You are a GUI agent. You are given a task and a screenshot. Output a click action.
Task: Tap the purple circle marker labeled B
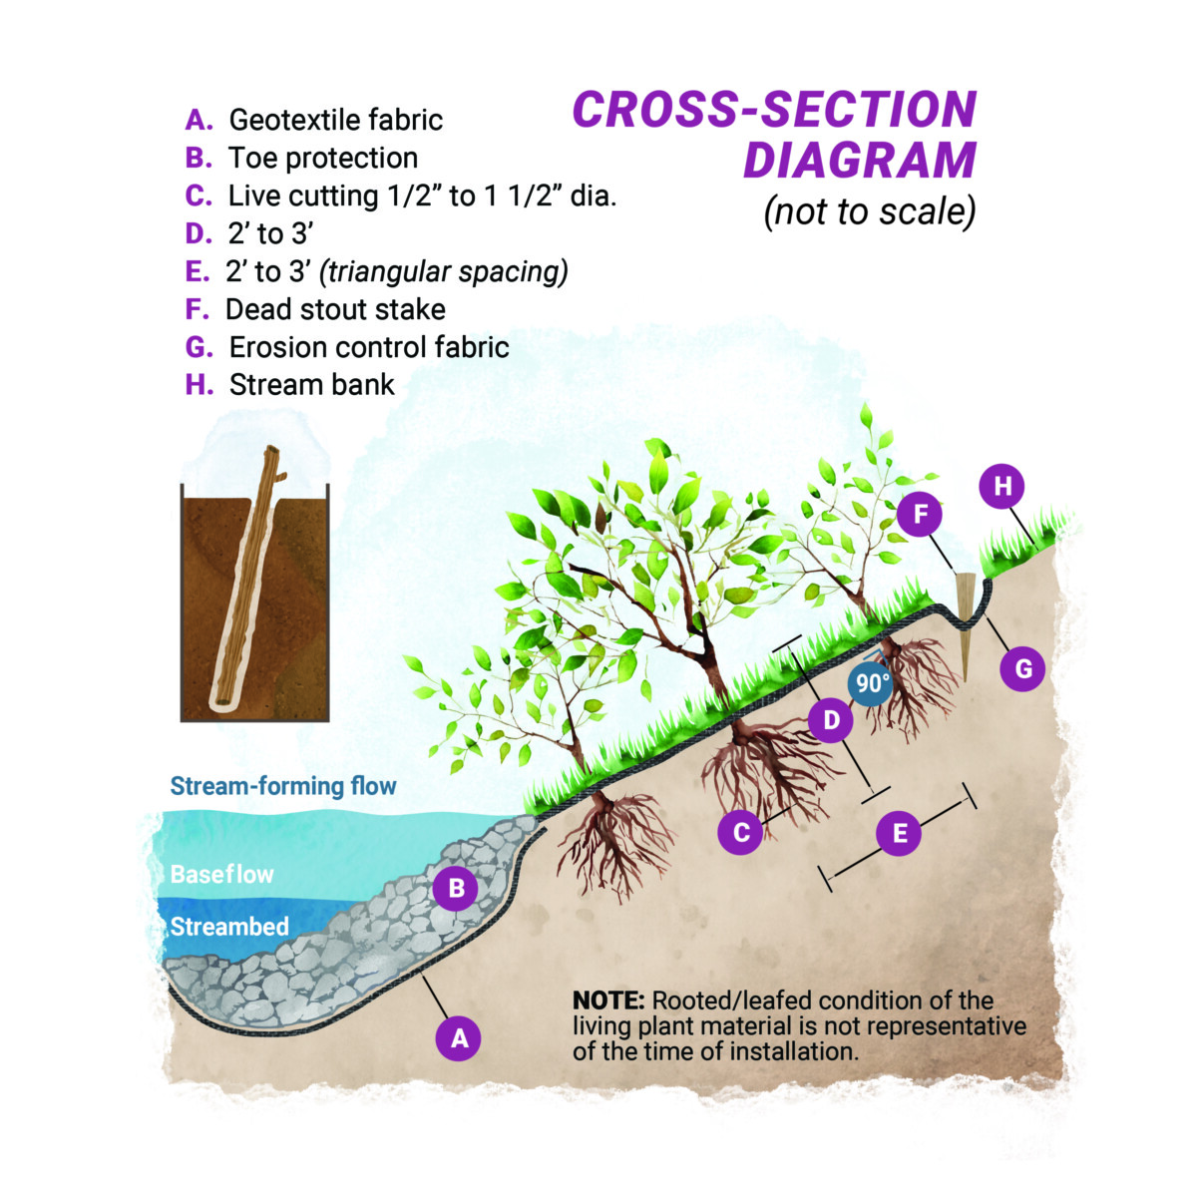coord(456,888)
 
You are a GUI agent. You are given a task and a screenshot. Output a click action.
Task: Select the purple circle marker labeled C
coord(740,832)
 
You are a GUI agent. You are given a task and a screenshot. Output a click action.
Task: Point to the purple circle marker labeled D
coord(831,720)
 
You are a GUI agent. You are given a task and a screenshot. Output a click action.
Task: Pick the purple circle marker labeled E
coord(900,833)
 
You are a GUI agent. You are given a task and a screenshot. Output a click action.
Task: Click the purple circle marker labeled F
coord(920,515)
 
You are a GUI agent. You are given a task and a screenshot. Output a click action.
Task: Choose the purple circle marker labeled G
coord(1022,669)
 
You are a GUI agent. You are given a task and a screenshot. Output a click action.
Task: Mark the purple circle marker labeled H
coord(1001,487)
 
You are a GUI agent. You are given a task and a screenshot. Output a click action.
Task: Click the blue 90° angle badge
coord(871,683)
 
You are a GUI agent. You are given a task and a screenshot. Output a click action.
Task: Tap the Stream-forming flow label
coord(283,786)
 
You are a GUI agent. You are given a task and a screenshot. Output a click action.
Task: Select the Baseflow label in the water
coord(221,875)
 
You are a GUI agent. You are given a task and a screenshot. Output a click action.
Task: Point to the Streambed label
coord(229,927)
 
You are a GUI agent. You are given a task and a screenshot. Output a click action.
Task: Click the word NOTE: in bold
coord(608,1000)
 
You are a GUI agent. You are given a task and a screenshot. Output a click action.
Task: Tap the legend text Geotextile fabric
coord(336,120)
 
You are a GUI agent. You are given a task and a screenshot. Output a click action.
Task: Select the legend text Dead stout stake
coord(335,309)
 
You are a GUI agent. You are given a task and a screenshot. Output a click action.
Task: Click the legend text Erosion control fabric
coord(370,347)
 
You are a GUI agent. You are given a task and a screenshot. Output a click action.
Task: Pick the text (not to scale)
coord(870,211)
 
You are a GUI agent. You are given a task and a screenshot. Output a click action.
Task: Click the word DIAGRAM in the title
coord(860,161)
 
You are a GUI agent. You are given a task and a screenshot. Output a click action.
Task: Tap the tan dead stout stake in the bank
coord(965,626)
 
